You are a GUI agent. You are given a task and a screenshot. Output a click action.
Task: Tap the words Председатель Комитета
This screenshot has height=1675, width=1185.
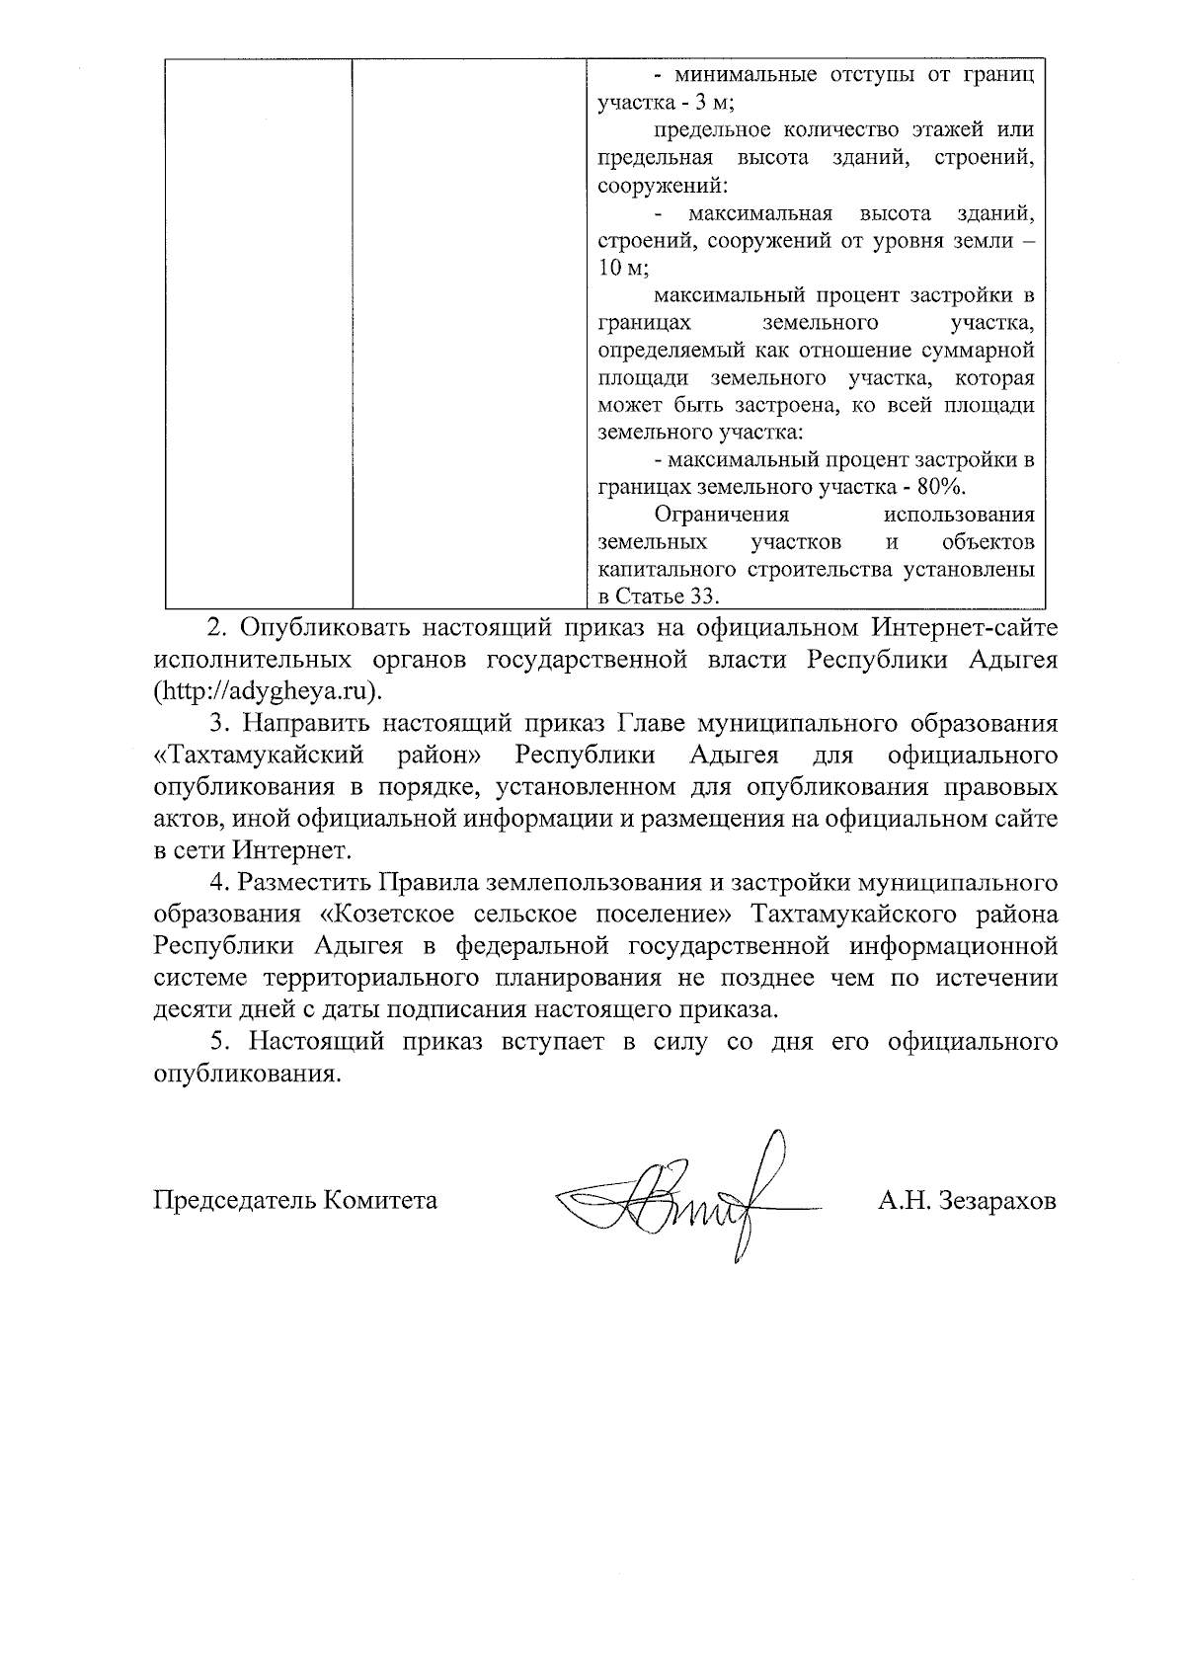click(295, 1201)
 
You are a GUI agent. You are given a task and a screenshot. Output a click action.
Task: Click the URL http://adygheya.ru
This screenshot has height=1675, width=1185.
click(267, 688)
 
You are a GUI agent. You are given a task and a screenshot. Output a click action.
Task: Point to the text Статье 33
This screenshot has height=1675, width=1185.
click(669, 597)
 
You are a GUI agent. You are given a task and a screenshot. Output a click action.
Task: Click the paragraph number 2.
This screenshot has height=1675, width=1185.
click(212, 627)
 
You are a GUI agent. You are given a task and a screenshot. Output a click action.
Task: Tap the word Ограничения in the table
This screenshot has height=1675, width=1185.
click(722, 515)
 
